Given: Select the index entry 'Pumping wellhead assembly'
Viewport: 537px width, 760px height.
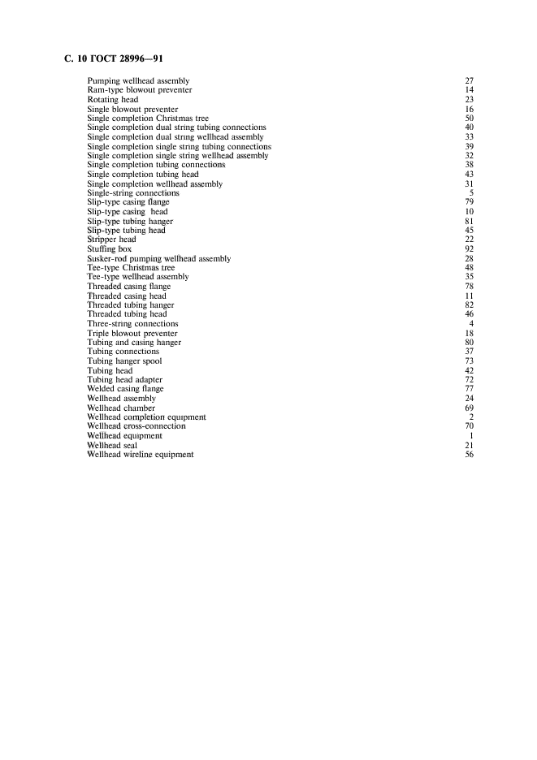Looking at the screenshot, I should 138,81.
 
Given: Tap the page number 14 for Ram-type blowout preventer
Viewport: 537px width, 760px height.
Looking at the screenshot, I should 469,90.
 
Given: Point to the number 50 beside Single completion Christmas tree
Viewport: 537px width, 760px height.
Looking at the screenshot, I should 469,119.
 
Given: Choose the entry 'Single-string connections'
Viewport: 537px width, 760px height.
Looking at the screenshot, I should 133,193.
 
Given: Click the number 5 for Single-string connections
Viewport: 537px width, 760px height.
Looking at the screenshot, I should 471,193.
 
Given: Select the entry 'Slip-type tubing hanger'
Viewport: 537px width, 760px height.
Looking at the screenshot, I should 130,221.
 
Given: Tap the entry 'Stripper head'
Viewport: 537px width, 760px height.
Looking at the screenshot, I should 111,240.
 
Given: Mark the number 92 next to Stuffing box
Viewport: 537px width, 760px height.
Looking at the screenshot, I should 469,249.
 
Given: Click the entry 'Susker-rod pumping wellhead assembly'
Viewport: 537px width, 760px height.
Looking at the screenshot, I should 158,258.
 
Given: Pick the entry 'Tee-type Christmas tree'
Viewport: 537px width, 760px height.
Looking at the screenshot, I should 131,267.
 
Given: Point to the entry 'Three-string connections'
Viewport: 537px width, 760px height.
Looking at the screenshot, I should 132,324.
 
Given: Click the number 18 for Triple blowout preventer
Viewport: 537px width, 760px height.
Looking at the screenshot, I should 469,334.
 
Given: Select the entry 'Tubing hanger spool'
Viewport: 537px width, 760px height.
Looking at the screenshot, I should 124,361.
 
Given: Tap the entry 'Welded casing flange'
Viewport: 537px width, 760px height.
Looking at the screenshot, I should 126,389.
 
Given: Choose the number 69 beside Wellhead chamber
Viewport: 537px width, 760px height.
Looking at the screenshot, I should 469,408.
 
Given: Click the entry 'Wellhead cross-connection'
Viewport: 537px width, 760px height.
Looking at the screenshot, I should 136,426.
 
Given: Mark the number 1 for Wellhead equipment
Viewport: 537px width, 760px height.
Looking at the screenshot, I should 471,436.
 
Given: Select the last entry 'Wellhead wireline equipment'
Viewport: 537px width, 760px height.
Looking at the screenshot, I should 141,455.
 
